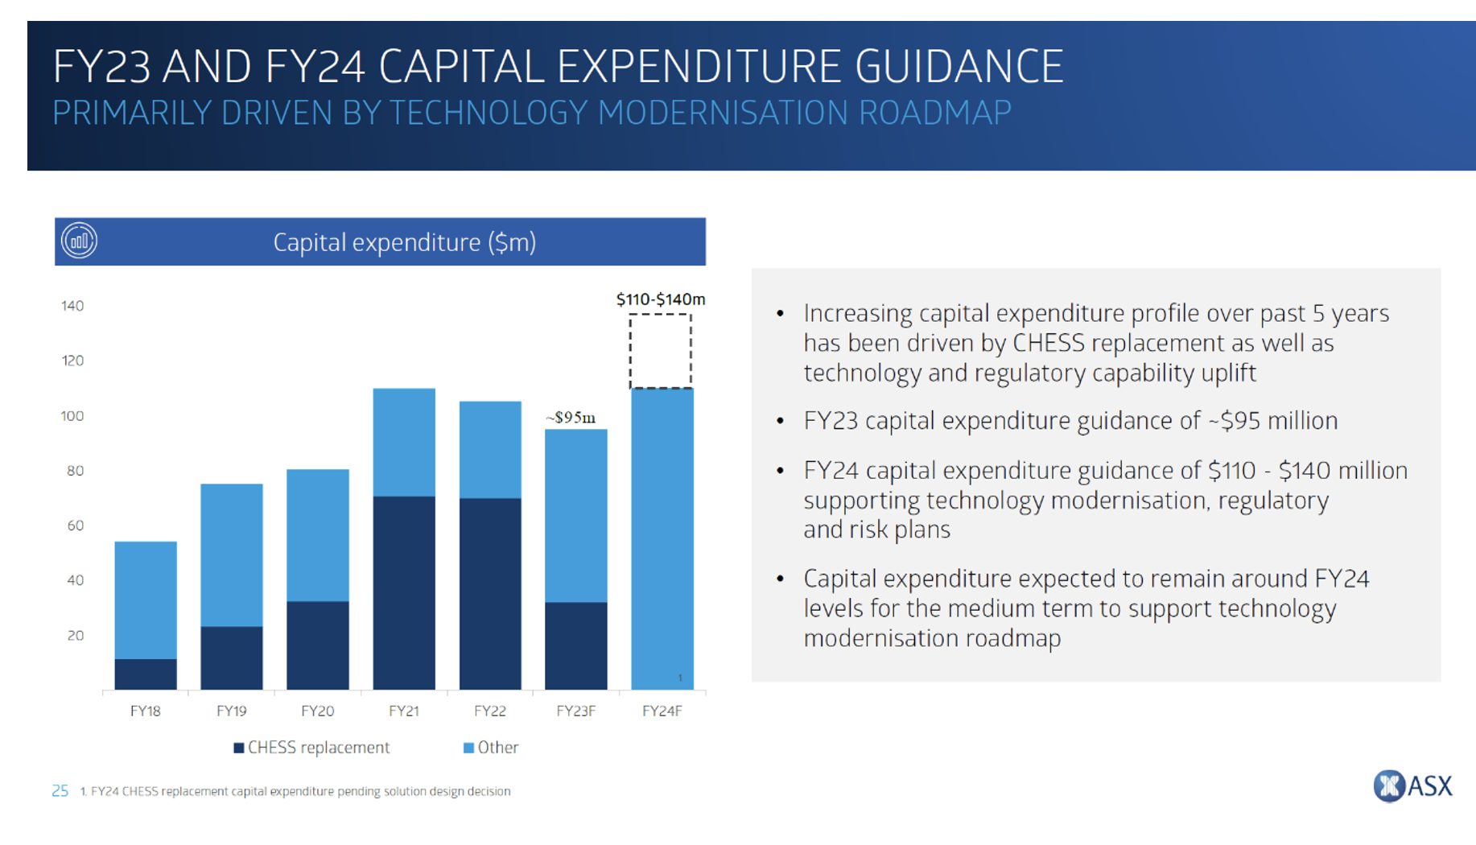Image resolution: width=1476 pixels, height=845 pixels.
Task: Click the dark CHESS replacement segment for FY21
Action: pyautogui.click(x=404, y=592)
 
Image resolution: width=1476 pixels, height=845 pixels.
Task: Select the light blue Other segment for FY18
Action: pyautogui.click(x=146, y=600)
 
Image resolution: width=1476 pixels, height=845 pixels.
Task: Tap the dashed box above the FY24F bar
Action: pyautogui.click(x=660, y=351)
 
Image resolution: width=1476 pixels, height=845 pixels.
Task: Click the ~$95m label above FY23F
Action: pyautogui.click(x=571, y=418)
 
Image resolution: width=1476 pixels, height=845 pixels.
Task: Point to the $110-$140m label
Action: pyautogui.click(x=660, y=299)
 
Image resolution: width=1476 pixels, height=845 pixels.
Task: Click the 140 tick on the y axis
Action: pyautogui.click(x=72, y=306)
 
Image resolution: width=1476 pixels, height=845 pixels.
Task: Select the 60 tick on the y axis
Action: pyautogui.click(x=75, y=526)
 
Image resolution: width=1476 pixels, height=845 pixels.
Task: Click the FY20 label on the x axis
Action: pyautogui.click(x=317, y=711)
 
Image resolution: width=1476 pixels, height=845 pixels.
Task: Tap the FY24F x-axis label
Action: pyautogui.click(x=662, y=711)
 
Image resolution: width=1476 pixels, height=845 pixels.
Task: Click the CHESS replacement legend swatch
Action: pyautogui.click(x=239, y=748)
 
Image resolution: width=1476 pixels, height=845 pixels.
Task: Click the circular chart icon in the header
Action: pyautogui.click(x=80, y=241)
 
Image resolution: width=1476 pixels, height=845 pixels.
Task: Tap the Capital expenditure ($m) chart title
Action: pyautogui.click(x=404, y=242)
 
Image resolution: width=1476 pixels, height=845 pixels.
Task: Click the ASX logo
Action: pyautogui.click(x=1412, y=785)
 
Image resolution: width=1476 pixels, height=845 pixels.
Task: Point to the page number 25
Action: pyautogui.click(x=60, y=791)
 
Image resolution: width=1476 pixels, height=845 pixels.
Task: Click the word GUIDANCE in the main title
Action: pyautogui.click(x=959, y=66)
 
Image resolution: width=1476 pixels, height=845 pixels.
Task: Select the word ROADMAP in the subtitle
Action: pyautogui.click(x=934, y=113)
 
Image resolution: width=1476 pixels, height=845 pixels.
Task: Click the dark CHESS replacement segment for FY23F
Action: pyautogui.click(x=575, y=645)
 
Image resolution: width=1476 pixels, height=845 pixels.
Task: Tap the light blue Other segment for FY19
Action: pyautogui.click(x=232, y=554)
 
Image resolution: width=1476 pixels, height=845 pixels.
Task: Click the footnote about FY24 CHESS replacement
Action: pyautogui.click(x=295, y=791)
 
